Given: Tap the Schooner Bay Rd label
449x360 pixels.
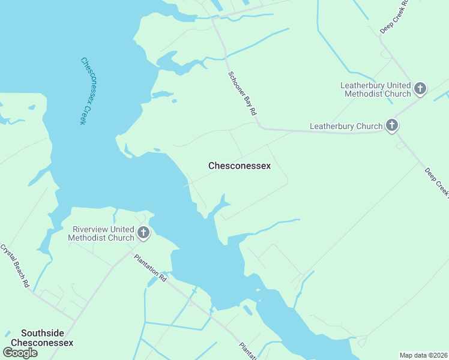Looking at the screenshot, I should pos(243,93).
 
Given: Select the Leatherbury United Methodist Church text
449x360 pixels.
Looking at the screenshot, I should pos(376,90).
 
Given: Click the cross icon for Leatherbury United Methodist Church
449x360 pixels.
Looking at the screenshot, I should pos(420,89).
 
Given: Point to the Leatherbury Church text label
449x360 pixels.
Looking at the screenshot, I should pos(346,126).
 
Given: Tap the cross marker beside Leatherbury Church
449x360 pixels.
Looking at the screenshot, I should pos(392,125).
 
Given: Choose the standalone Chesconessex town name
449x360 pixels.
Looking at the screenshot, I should pos(240,166).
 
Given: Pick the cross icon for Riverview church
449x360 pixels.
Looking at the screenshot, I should pos(143,233).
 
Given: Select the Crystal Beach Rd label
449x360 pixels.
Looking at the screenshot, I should pos(15,265).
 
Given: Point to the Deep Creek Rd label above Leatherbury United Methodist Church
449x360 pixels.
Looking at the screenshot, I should pos(395,16).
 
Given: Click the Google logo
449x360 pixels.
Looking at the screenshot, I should pos(19,353).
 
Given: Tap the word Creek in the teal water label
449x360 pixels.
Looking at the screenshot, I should pos(82,114).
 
